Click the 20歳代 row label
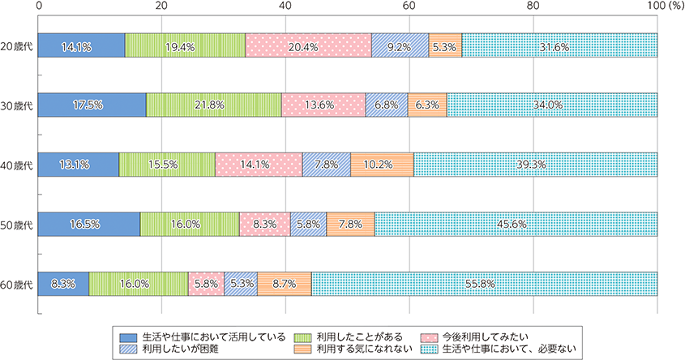pyautogui.click(x=16, y=46)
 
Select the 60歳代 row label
pyautogui.click(x=16, y=284)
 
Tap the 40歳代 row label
pyautogui.click(x=16, y=165)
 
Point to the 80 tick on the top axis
pyautogui.click(x=533, y=6)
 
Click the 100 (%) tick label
pyautogui.click(x=661, y=6)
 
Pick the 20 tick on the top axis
pyautogui.click(x=161, y=6)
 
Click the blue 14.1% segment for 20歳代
pyautogui.click(x=81, y=46)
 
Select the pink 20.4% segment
pyautogui.click(x=308, y=46)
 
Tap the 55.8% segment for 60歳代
pyautogui.click(x=484, y=284)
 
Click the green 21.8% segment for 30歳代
pyautogui.click(x=214, y=105)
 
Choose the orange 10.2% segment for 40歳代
pyautogui.click(x=382, y=165)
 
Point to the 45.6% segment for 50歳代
pyautogui.click(x=516, y=225)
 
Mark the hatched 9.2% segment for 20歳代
pyautogui.click(x=400, y=46)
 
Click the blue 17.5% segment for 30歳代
pyautogui.click(x=92, y=105)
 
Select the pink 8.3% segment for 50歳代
pyautogui.click(x=265, y=225)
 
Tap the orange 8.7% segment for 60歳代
pyautogui.click(x=285, y=284)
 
